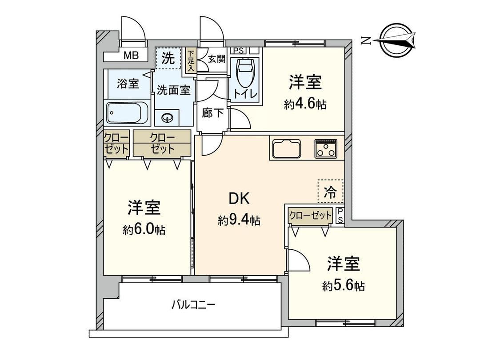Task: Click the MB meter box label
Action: pyautogui.click(x=131, y=56)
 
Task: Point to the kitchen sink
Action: pyautogui.click(x=286, y=148)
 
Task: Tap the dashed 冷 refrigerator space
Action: pyautogui.click(x=330, y=192)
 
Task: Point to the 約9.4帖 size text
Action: pyautogui.click(x=239, y=220)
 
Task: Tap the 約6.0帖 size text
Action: pyautogui.click(x=144, y=229)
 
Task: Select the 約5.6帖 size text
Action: pyautogui.click(x=344, y=285)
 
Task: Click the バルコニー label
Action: pyautogui.click(x=194, y=305)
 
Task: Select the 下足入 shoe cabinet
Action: pyautogui.click(x=191, y=60)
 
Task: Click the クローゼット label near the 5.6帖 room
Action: pyautogui.click(x=310, y=216)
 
